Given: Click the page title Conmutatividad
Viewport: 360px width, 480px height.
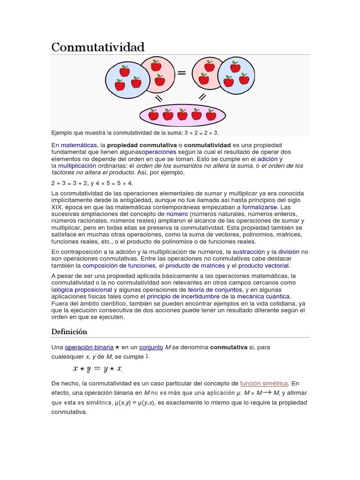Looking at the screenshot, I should pyautogui.click(x=98, y=47).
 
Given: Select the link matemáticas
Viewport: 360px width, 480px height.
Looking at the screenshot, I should pyautogui.click(x=79, y=145).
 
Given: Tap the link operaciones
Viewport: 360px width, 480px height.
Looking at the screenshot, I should pyautogui.click(x=159, y=152).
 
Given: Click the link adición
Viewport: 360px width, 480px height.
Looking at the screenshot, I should pyautogui.click(x=267, y=159).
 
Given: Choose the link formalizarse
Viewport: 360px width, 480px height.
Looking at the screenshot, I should pyautogui.click(x=260, y=207).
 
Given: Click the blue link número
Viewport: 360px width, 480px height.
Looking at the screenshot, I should pyautogui.click(x=177, y=214).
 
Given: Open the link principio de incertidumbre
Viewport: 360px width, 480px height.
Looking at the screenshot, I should pyautogui.click(x=183, y=297).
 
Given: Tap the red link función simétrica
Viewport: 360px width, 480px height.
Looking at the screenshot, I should pyautogui.click(x=264, y=383).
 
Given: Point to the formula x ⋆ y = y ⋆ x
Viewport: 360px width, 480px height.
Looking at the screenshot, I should pyautogui.click(x=97, y=369).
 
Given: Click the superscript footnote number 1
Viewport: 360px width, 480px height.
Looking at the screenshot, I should pyautogui.click(x=147, y=355).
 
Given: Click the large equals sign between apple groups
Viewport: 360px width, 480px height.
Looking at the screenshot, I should pyautogui.click(x=181, y=73).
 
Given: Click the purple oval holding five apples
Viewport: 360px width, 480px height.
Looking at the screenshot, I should pyautogui.click(x=182, y=115).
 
